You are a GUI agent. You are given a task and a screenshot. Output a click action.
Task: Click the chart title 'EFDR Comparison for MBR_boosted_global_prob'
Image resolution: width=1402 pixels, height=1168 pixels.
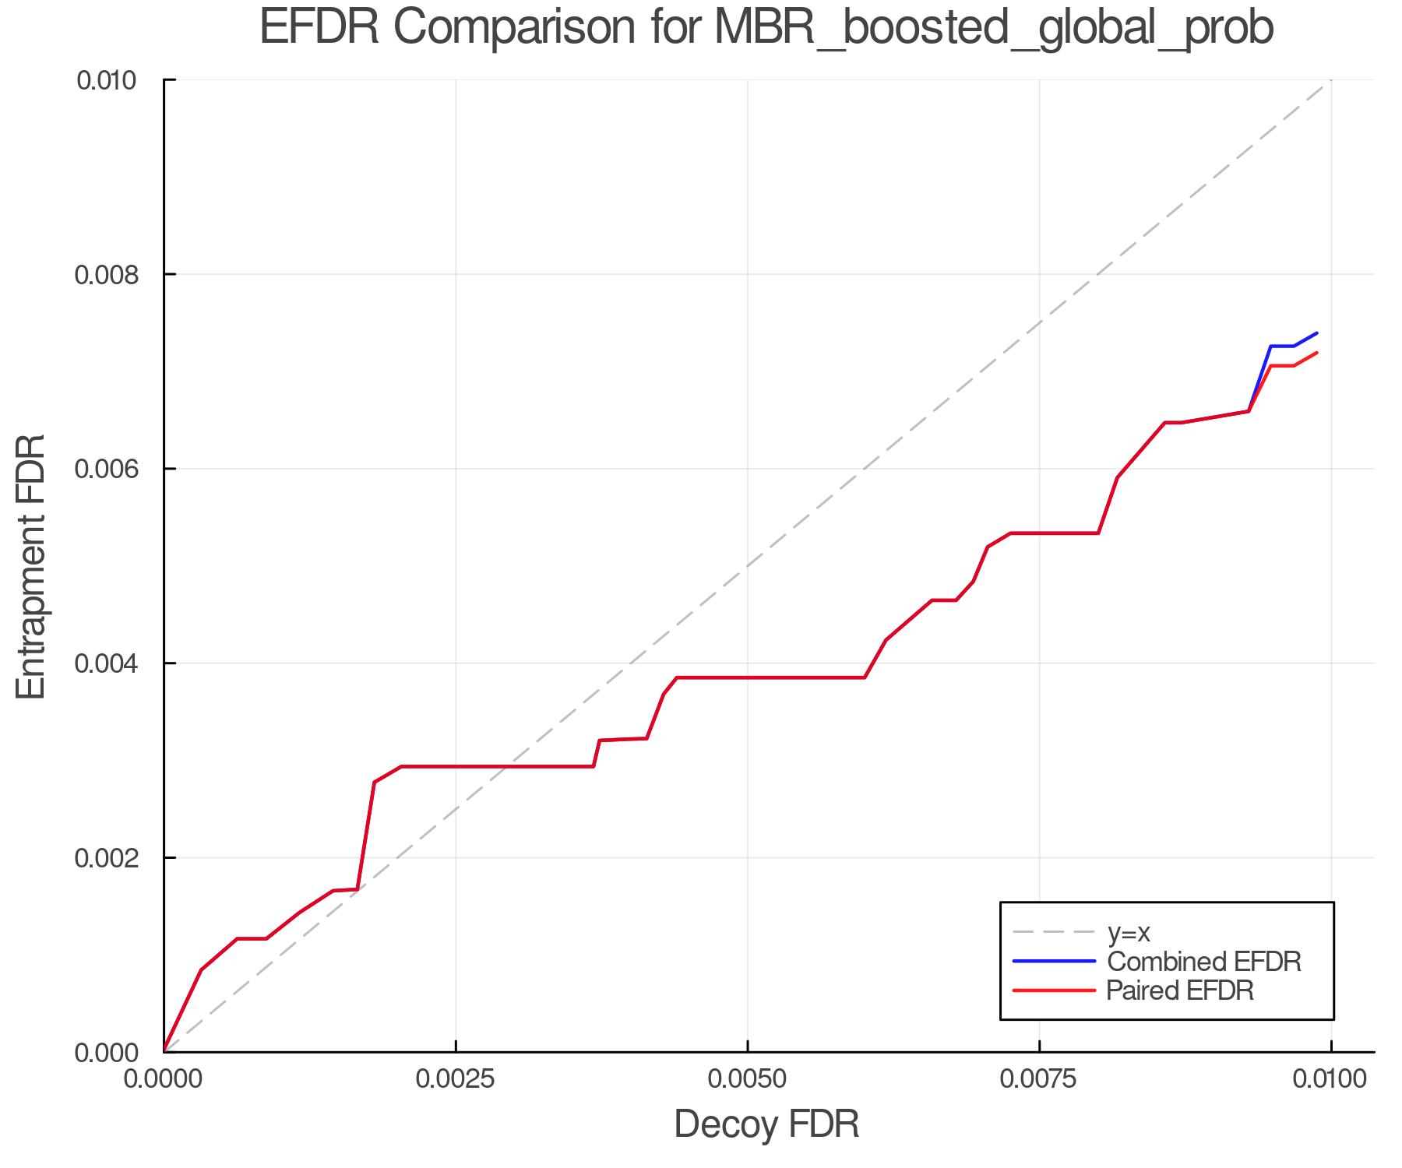[766, 28]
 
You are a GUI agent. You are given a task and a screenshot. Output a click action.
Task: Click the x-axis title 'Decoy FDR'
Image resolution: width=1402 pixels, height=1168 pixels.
[766, 1124]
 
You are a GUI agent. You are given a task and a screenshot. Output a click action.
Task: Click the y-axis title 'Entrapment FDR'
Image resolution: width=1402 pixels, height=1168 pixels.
[31, 566]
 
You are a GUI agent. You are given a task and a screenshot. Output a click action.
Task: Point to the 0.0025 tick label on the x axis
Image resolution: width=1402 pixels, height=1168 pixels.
[456, 1078]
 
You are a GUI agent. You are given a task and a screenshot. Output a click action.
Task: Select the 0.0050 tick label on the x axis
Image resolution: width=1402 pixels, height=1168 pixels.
[748, 1078]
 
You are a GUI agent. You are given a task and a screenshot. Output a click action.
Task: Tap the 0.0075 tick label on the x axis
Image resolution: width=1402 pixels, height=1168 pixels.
[1040, 1078]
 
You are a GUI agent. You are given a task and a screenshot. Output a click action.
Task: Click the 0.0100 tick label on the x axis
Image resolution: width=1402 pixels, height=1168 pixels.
[1331, 1078]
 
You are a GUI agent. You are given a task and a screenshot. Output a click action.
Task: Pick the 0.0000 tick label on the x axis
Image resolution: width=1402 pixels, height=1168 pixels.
[164, 1078]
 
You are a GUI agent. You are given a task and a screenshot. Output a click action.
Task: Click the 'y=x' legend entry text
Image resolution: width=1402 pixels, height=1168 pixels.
[1129, 932]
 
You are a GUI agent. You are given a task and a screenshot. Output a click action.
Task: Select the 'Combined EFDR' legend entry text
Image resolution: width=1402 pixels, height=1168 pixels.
[1204, 962]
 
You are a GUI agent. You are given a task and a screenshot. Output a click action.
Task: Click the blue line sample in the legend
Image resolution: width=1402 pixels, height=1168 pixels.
[1054, 962]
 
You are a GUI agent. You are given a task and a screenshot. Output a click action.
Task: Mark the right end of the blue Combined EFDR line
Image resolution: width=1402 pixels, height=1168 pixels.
[1317, 333]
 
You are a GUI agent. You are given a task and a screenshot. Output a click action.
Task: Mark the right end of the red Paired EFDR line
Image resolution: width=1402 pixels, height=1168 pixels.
[1317, 353]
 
